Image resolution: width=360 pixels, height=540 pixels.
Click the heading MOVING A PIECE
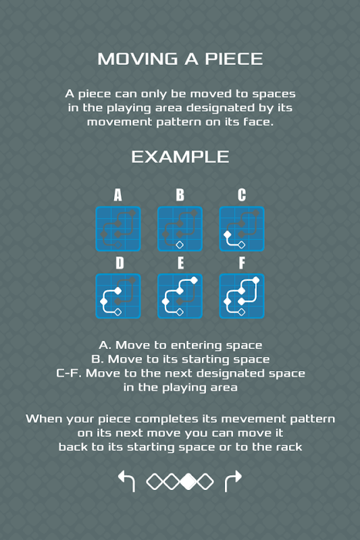(180, 59)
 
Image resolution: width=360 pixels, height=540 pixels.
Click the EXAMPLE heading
(180, 157)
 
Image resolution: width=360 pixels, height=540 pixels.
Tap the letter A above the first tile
(118, 195)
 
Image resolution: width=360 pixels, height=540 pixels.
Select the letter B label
(180, 195)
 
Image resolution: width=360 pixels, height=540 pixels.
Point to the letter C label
(242, 195)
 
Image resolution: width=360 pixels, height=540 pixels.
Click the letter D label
(120, 263)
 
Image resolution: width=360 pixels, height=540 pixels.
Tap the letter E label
(180, 263)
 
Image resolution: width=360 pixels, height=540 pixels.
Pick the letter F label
(242, 263)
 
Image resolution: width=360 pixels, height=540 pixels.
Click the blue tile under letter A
(118, 229)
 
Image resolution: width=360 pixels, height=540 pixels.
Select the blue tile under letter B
(180, 229)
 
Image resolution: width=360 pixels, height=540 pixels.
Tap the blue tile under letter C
(242, 229)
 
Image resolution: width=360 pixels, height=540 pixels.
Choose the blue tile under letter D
(118, 296)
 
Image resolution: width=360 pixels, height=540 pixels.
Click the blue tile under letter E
(180, 296)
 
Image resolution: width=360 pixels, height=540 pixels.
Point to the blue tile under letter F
(242, 296)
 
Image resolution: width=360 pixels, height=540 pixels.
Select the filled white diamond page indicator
(188, 481)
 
